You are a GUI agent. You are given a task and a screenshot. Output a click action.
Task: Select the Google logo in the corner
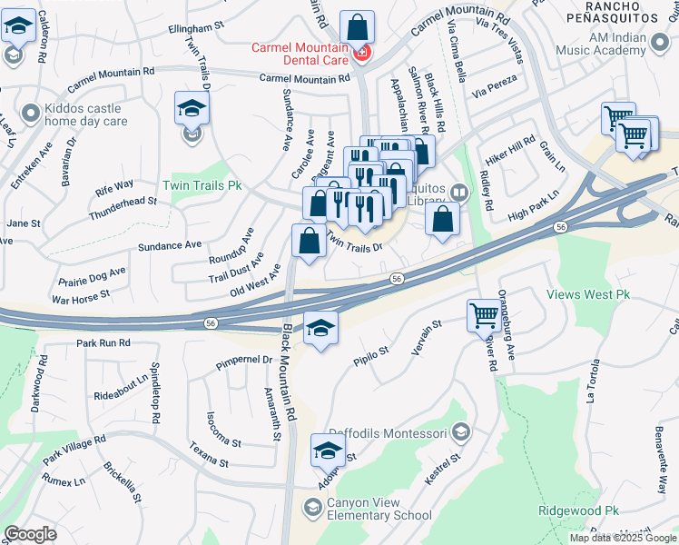click(x=30, y=534)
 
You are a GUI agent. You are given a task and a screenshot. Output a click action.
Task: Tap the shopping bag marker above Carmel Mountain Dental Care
click(x=358, y=26)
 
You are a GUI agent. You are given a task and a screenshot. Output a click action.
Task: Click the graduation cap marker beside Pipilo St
click(x=320, y=329)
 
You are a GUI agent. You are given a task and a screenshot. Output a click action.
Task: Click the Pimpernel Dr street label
click(x=243, y=361)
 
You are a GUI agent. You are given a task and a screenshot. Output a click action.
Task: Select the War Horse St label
click(x=81, y=296)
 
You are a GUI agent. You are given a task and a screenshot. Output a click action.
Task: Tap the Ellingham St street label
click(x=196, y=29)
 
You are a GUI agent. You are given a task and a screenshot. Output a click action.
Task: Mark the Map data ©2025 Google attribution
click(x=623, y=538)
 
